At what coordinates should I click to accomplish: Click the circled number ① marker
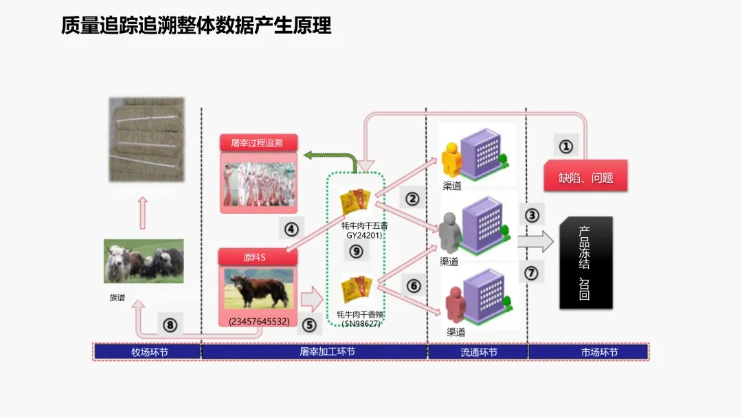565,146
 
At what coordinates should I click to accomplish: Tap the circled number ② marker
412,199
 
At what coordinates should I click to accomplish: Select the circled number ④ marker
291,228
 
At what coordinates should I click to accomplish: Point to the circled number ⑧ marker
170,324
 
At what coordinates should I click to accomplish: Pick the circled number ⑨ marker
356,251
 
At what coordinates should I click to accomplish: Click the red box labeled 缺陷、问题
585,177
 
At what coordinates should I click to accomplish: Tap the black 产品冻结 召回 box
585,263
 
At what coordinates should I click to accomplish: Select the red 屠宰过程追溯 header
258,143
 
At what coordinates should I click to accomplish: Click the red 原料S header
258,257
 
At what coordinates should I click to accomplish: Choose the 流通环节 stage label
478,352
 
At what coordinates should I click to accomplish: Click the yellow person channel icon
453,159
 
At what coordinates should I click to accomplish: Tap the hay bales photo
146,139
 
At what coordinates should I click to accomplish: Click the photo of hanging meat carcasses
258,180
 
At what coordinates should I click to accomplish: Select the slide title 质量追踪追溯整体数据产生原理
196,26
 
